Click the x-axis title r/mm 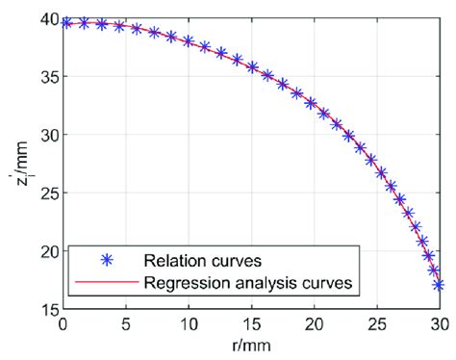coord(252,344)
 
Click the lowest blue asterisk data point coord(439,285)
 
